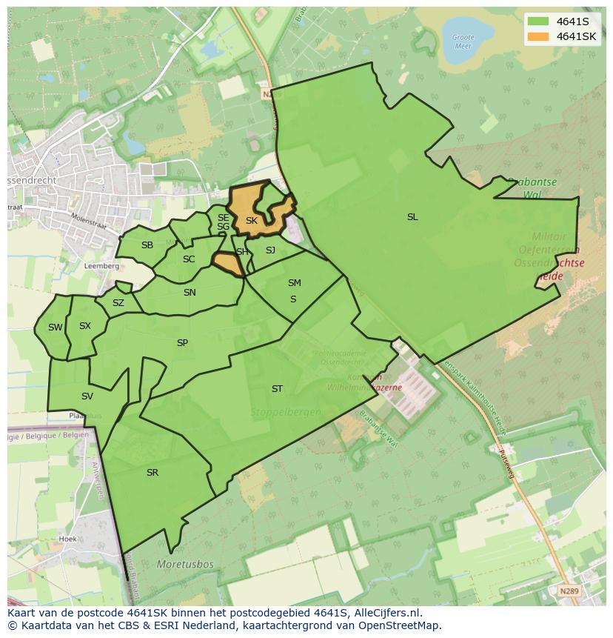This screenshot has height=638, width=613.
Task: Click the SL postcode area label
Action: (x=412, y=217)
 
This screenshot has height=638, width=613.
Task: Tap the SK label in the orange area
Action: (x=252, y=221)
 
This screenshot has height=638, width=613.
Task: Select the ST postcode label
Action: (x=277, y=389)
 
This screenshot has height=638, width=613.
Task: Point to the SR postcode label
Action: (x=153, y=473)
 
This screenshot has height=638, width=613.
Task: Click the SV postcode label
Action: (x=87, y=396)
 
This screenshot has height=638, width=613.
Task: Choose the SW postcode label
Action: (x=56, y=328)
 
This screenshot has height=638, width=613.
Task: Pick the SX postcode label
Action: (x=85, y=326)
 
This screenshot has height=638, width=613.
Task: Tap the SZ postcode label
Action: (x=118, y=303)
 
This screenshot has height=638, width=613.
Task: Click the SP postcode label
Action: (x=182, y=343)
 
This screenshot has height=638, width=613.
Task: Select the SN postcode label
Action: (x=190, y=293)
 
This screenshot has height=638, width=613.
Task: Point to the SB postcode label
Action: (x=147, y=245)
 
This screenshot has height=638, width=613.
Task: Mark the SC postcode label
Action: (x=189, y=259)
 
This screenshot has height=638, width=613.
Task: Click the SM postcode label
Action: (x=295, y=283)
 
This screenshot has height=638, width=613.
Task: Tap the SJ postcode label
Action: (x=270, y=250)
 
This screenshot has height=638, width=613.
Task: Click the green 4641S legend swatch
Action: (x=538, y=21)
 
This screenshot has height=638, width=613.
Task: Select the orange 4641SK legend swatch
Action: (x=538, y=36)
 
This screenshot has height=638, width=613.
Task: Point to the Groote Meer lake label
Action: (x=463, y=41)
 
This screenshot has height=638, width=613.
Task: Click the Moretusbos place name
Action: (x=185, y=565)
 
